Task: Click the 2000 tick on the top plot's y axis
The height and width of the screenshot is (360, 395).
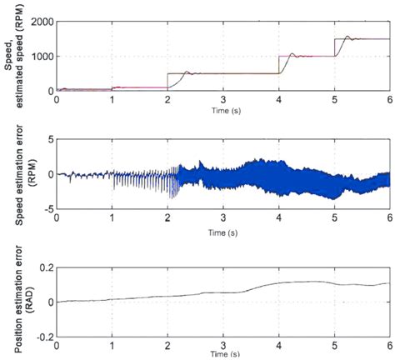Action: click(39, 22)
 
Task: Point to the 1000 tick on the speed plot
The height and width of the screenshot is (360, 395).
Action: click(39, 56)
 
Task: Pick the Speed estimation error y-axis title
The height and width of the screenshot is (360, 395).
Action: click(17, 174)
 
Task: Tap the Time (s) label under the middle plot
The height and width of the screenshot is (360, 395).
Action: click(222, 230)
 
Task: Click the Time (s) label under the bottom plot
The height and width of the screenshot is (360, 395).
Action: click(222, 354)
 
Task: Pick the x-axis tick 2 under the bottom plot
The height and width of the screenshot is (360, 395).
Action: click(167, 345)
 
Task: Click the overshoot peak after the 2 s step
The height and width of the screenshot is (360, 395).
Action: click(187, 71)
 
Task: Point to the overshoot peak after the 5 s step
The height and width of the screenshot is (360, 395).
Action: click(349, 35)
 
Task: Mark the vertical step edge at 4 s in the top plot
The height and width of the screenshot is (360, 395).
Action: click(278, 64)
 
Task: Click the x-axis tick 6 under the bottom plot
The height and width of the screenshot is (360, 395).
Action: click(388, 345)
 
